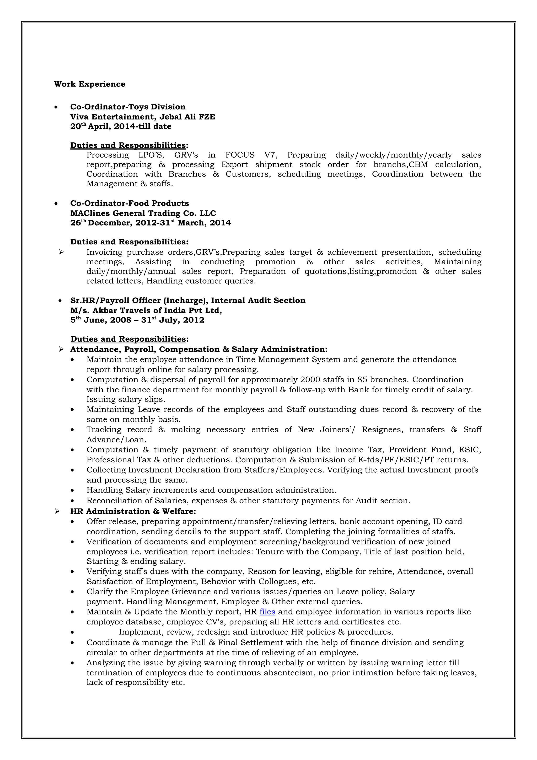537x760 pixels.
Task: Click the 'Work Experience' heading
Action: pyautogui.click(x=90, y=84)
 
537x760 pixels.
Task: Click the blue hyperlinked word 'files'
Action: pyautogui.click(x=267, y=612)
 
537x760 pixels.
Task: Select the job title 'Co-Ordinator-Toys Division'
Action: pyautogui.click(x=128, y=107)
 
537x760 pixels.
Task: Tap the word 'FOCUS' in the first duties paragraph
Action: pyautogui.click(x=240, y=155)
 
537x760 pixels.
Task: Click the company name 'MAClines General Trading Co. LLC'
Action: pyautogui.click(x=143, y=213)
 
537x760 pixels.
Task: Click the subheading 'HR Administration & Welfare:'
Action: pyautogui.click(x=133, y=511)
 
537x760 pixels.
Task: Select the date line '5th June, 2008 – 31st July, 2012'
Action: pyautogui.click(x=137, y=320)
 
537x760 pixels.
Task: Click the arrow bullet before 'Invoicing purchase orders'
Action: pyautogui.click(x=61, y=252)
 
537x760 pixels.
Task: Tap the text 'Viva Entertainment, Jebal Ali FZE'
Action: pyautogui.click(x=143, y=117)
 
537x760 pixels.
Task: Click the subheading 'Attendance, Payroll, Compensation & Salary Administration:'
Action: pyautogui.click(x=198, y=350)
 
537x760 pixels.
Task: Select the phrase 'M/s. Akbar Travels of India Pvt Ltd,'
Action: pyautogui.click(x=146, y=311)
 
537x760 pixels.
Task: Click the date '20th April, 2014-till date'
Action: pyautogui.click(x=121, y=126)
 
